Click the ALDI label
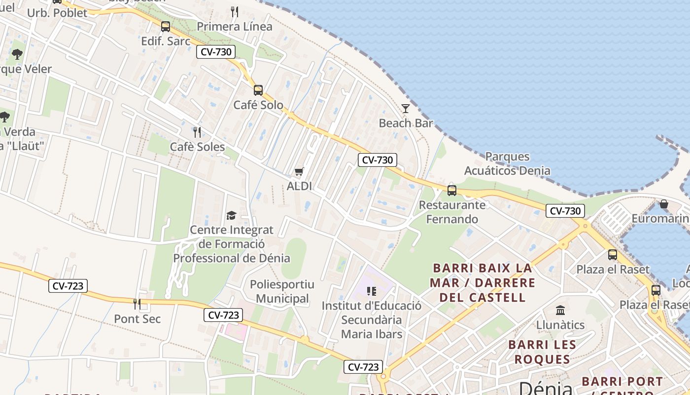click(300, 187)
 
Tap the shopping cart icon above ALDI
click(299, 172)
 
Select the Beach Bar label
click(406, 123)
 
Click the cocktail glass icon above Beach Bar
click(406, 109)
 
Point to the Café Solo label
click(258, 105)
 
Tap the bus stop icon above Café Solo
click(258, 90)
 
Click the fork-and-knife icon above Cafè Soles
click(197, 132)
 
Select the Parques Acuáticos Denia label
click(507, 164)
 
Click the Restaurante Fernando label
click(452, 212)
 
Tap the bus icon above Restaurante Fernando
click(452, 190)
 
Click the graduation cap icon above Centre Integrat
click(231, 215)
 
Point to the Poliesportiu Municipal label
click(282, 291)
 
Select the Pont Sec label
click(138, 319)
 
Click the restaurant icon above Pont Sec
click(137, 304)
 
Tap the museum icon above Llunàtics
click(560, 311)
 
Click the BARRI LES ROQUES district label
click(542, 352)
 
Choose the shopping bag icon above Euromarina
click(664, 204)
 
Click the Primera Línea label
click(235, 27)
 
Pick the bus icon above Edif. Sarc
click(166, 27)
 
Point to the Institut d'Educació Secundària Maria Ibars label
click(372, 320)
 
